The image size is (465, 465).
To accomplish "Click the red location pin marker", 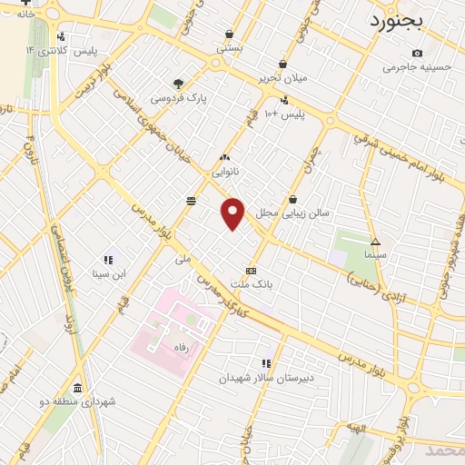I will coord(233,213).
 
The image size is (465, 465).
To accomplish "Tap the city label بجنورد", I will coord(396,21).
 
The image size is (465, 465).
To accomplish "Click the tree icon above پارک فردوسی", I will coord(179,83).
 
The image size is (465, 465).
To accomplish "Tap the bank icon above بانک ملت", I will coord(252,270).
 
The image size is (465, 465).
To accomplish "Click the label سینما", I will coord(374,255).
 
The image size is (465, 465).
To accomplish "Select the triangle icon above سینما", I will coord(375,242).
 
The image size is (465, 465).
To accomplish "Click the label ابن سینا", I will coord(111,272).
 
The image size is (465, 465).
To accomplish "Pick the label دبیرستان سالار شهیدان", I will coord(266,377).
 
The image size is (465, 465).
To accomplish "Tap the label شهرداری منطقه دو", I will coord(77,401).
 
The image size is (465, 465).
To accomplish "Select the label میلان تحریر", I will coord(284,77).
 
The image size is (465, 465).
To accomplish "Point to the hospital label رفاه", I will coord(169,348).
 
